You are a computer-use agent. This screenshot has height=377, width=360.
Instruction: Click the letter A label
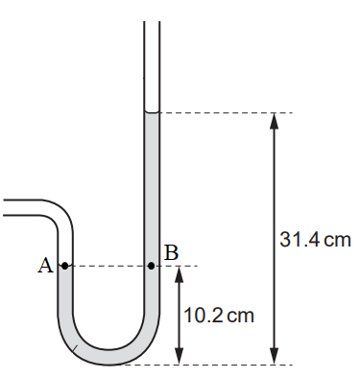(45, 266)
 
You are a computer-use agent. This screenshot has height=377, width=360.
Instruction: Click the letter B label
(171, 253)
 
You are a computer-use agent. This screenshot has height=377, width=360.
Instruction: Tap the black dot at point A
(65, 266)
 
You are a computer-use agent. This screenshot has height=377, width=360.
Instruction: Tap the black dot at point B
(152, 266)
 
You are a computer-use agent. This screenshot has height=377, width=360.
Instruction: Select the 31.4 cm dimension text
(315, 240)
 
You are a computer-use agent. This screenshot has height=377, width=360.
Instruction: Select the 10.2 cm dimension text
(219, 316)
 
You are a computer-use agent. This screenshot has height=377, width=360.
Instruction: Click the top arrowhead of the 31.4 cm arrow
(274, 121)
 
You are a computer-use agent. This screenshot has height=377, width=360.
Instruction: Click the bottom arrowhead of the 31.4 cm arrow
(274, 357)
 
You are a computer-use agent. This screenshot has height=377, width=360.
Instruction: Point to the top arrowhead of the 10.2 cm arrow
(180, 274)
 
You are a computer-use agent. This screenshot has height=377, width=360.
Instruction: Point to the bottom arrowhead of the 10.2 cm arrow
(180, 357)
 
